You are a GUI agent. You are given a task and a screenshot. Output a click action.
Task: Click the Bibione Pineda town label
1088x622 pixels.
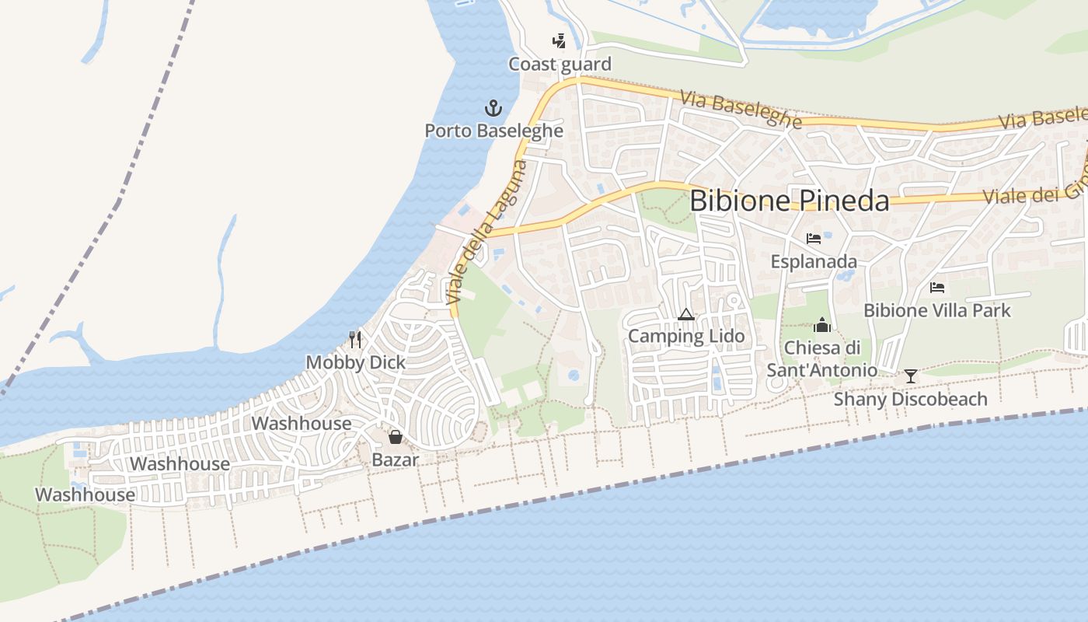[789, 201]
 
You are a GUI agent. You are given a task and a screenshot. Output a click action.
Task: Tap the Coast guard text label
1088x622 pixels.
[560, 65]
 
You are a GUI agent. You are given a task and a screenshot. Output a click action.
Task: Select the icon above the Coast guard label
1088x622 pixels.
[559, 40]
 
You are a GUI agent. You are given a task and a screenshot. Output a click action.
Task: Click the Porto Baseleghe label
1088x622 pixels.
[493, 131]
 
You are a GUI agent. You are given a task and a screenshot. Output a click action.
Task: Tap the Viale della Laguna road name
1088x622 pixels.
[487, 232]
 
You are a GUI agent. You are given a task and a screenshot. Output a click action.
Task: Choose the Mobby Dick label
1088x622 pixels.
[356, 362]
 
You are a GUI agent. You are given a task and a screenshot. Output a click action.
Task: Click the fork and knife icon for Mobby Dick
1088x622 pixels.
[355, 339]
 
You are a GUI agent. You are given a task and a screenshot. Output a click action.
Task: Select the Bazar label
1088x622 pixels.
[395, 460]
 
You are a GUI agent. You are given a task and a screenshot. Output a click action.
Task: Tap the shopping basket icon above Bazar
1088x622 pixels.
[395, 437]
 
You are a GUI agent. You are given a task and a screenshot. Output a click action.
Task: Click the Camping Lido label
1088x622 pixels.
[686, 337]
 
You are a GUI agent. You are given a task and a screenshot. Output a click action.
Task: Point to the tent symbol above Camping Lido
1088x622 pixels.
[685, 315]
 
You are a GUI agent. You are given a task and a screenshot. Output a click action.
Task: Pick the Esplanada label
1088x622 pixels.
[814, 261]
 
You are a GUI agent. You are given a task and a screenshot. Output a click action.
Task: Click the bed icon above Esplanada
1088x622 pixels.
[814, 238]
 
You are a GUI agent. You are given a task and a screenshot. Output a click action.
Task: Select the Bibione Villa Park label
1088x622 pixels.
[937, 311]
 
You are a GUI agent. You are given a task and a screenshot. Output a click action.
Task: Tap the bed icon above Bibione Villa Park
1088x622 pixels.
[937, 288]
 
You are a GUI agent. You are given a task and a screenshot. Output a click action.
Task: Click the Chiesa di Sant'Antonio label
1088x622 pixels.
[822, 359]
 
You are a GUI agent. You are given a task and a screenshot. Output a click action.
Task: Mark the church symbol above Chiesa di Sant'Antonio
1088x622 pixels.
[822, 325]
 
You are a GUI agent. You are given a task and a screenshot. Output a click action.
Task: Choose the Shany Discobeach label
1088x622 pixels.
[911, 400]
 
